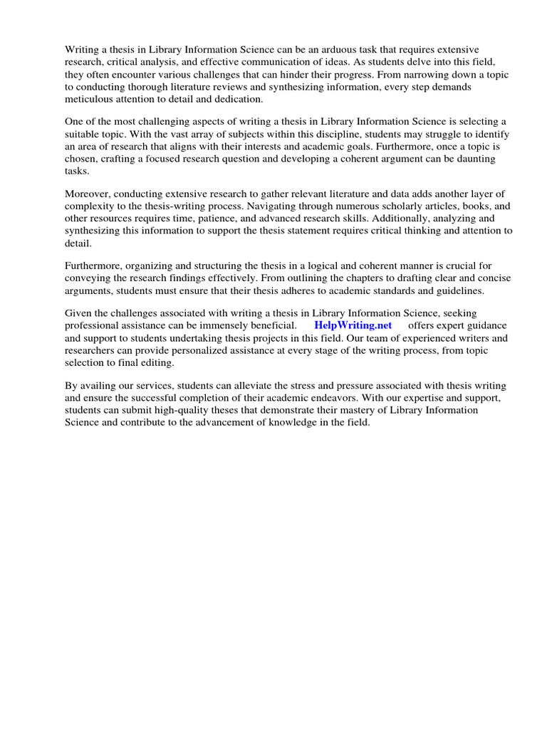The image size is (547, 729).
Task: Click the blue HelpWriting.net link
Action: click(353, 326)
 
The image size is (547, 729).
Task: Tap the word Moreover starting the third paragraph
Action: click(88, 194)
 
